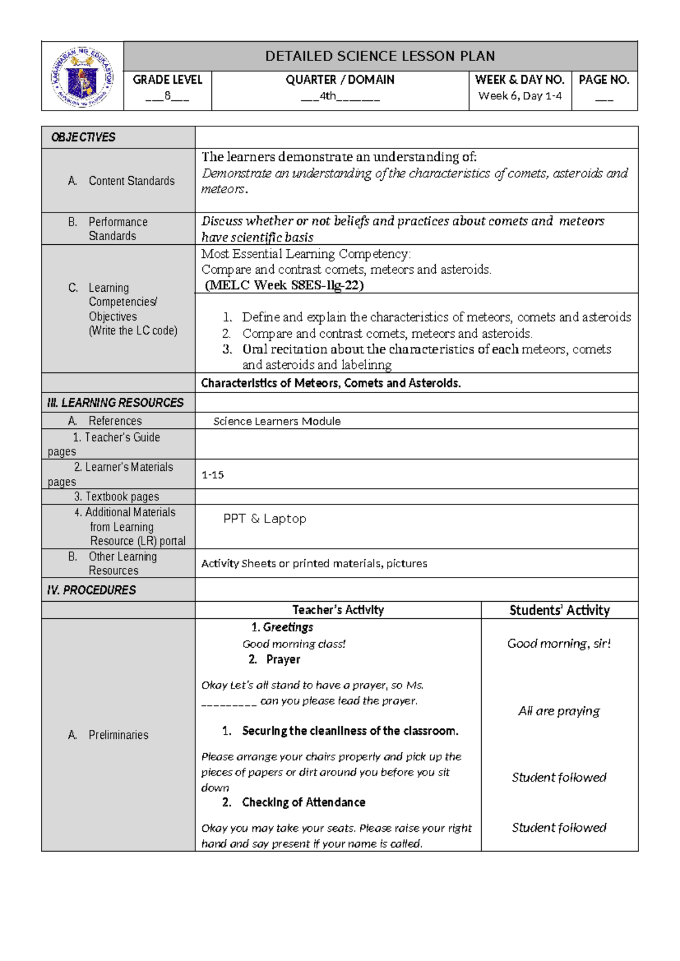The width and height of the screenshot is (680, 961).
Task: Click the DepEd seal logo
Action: coord(82,76)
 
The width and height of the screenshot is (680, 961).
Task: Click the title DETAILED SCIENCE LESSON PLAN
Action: coord(380,56)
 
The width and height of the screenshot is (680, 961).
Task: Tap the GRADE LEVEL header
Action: coord(167,80)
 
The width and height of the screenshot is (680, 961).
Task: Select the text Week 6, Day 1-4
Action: coord(520,96)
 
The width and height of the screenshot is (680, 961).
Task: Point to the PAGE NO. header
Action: coord(604,80)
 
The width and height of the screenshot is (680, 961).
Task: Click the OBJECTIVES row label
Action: coord(83,137)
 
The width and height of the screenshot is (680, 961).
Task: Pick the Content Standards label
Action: coord(131,181)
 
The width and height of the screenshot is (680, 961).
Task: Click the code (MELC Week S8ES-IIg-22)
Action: coord(284,285)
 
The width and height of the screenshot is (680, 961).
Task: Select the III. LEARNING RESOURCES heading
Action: coord(116,403)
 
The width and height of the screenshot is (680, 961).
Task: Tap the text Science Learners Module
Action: coord(277,421)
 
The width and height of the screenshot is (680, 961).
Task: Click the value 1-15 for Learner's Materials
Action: coord(212,475)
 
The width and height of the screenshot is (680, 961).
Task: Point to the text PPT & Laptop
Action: coord(265,518)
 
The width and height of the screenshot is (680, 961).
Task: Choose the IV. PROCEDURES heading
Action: coord(91,590)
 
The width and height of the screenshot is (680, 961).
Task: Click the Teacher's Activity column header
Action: coord(338,610)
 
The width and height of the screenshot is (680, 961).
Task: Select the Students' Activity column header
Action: coord(559,610)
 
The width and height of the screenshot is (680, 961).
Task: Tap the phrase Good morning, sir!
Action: coord(559,643)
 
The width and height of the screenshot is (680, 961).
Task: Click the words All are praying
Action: coord(559,711)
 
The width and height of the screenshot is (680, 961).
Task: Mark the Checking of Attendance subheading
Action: coord(303,802)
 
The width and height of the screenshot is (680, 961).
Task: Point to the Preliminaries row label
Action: coord(118,735)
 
